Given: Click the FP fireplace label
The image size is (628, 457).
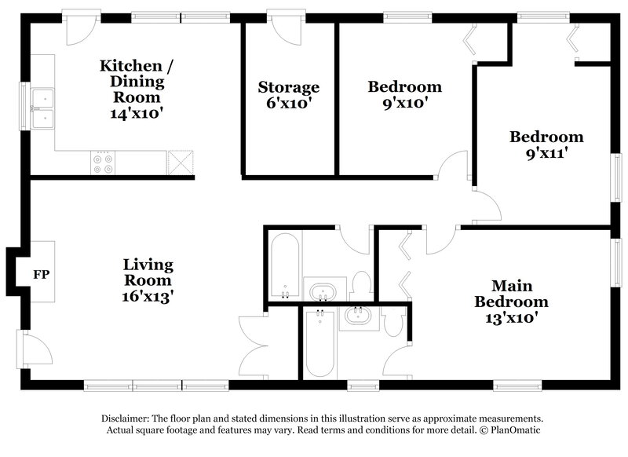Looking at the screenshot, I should pos(41,275).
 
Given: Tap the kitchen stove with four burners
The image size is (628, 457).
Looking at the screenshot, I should pos(103,163).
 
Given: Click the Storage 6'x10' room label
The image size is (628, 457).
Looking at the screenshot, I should pos(289,94).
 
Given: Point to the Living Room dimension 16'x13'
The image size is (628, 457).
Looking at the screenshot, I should pos(148,296).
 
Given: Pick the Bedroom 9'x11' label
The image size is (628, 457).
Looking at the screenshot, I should pos(546,144).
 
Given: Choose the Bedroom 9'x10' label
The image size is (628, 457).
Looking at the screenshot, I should pos(405,94).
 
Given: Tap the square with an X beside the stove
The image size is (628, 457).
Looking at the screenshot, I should pos(180,163).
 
